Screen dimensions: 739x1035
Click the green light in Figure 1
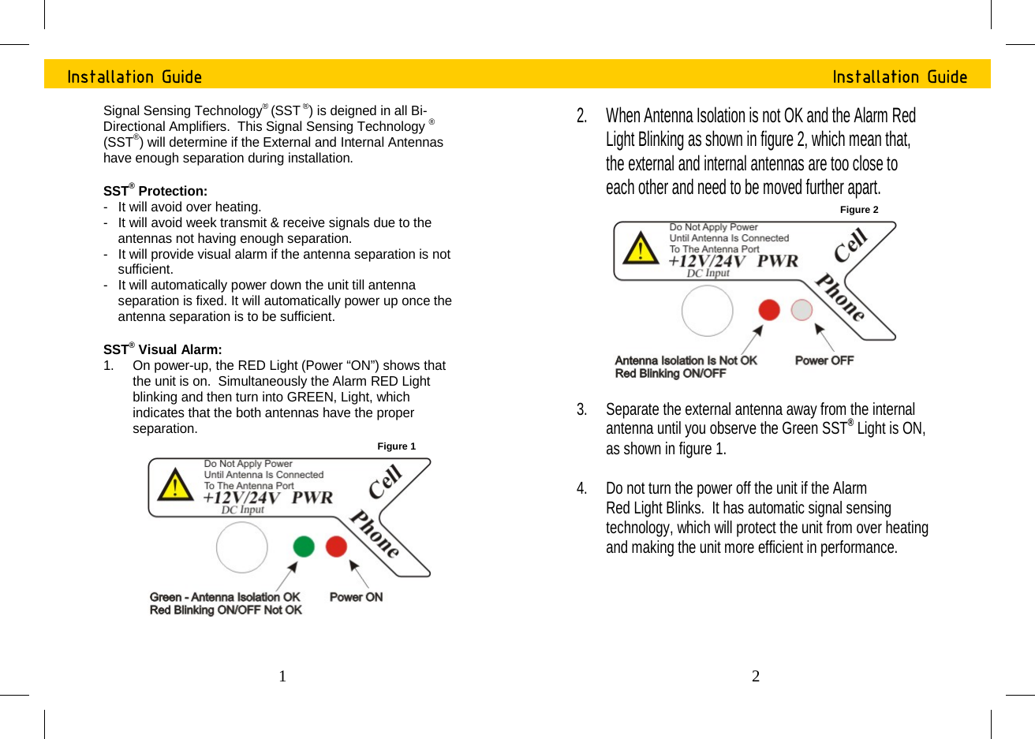pyautogui.click(x=304, y=547)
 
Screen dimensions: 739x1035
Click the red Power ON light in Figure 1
pyautogui.click(x=337, y=547)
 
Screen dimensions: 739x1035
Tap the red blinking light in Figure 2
pyautogui.click(x=769, y=310)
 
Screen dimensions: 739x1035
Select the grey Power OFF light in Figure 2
pyautogui.click(x=801, y=310)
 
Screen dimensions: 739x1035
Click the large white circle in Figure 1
pyautogui.click(x=242, y=547)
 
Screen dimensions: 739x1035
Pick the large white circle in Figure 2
pyautogui.click(x=708, y=311)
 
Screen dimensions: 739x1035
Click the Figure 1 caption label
pyautogui.click(x=396, y=446)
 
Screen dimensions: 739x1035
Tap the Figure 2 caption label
pyautogui.click(x=859, y=210)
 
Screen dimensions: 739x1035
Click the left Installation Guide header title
pyautogui.click(x=135, y=77)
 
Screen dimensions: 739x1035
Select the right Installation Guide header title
pyautogui.click(x=900, y=77)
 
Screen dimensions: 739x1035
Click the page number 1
pyautogui.click(x=282, y=676)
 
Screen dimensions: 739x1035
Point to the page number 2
pyautogui.click(x=756, y=676)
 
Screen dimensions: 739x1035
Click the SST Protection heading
pyautogui.click(x=155, y=191)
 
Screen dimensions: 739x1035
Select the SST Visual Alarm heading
pyautogui.click(x=163, y=349)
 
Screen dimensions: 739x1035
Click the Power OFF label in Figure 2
pyautogui.click(x=824, y=360)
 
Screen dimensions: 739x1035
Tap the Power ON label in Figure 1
pyautogui.click(x=356, y=597)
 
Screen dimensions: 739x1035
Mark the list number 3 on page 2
pyautogui.click(x=581, y=409)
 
